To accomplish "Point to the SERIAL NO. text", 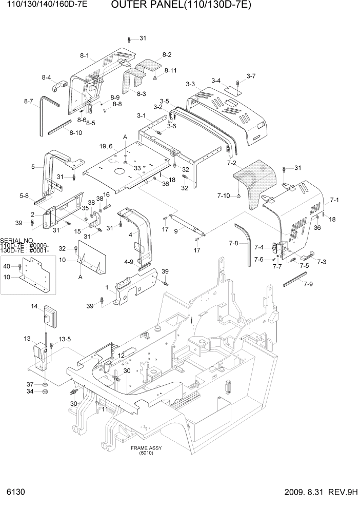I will pos(17,240).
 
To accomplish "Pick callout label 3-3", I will pos(190,84).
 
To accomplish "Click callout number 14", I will pos(34,306).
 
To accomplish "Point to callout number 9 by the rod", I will pos(176,231).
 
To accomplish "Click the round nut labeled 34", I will pos(45,393).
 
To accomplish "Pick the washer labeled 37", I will pos(45,384).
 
